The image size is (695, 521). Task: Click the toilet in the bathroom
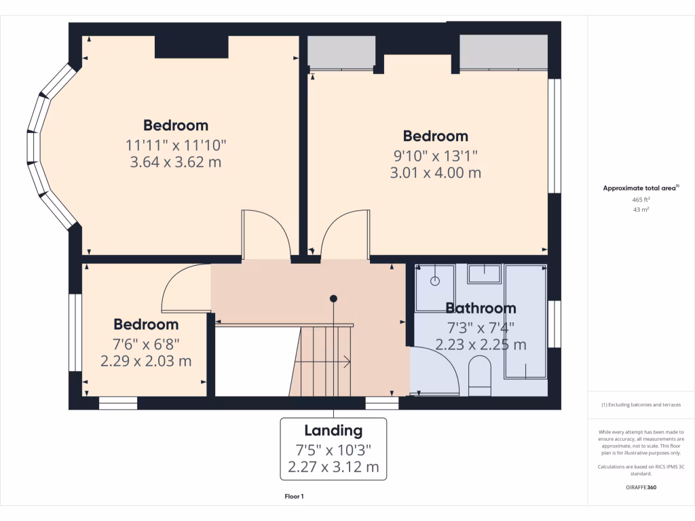[480, 377]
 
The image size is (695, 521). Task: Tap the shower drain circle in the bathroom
[435, 280]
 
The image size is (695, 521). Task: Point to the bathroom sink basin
[485, 273]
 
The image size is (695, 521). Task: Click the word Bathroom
[481, 309]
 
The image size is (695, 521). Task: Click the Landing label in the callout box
[333, 430]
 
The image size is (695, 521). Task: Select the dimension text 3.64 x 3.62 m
[175, 162]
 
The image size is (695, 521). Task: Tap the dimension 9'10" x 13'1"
[435, 155]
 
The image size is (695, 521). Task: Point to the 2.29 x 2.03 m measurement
[146, 361]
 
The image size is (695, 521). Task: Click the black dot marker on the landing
[333, 298]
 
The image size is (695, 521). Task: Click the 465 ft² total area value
[641, 200]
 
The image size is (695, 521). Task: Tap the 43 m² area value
[641, 210]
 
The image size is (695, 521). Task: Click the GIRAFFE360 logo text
[641, 487]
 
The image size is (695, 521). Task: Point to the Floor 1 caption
[294, 497]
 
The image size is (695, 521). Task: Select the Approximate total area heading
[641, 188]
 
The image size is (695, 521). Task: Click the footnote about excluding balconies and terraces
[641, 404]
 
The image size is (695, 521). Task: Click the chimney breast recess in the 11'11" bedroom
[191, 46]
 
